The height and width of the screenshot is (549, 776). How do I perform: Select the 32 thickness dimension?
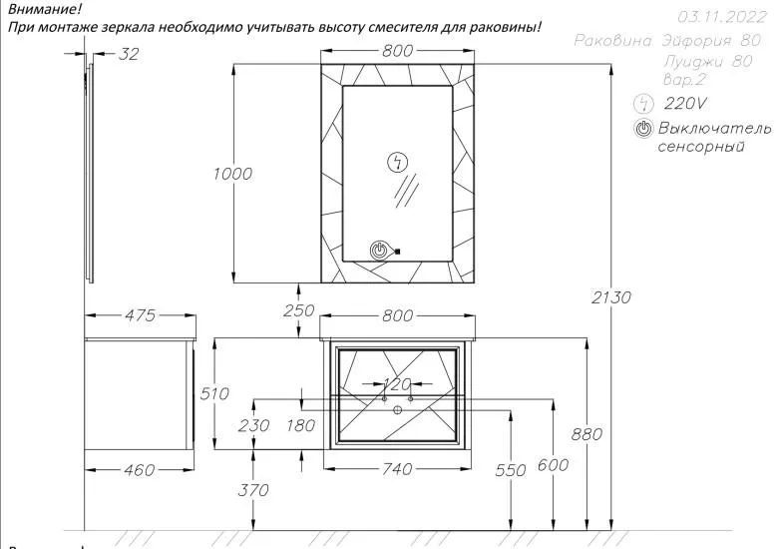click(129, 55)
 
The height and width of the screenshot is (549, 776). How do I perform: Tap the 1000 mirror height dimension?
click(232, 174)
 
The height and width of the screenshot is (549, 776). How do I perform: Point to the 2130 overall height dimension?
click(610, 297)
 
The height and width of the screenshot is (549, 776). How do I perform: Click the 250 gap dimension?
click(298, 310)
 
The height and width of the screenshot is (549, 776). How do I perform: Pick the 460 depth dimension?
click(134, 469)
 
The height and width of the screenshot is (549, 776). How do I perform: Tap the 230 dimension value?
click(254, 425)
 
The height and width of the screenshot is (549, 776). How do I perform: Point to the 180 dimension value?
click(299, 425)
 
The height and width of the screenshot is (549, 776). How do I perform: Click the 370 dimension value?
click(254, 489)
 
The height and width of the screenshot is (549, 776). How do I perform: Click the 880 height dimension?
click(587, 434)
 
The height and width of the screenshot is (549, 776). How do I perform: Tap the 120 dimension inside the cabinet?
click(397, 384)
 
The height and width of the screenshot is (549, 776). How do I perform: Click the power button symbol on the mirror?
click(379, 251)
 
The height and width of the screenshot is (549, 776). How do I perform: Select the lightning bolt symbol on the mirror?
click(397, 164)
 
